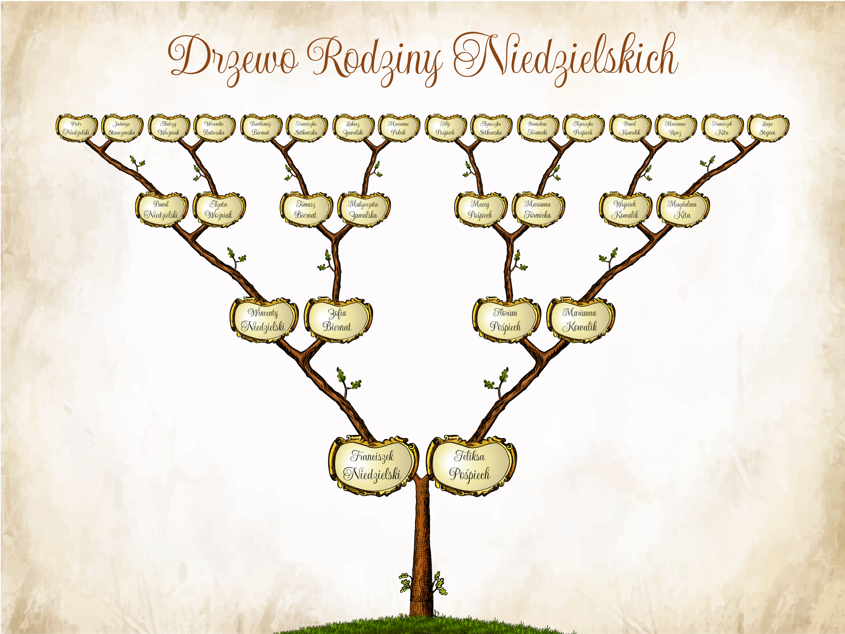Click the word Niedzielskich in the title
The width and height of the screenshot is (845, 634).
[566, 58]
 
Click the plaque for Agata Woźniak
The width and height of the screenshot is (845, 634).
[219, 209]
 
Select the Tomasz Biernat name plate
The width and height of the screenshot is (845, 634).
[306, 209]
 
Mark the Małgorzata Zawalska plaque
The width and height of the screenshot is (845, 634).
[363, 209]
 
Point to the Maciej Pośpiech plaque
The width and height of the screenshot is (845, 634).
[480, 209]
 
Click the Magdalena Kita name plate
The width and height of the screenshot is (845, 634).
[682, 209]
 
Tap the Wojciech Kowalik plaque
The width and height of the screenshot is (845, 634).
[625, 209]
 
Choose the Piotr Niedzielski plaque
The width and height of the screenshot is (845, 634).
[76, 128]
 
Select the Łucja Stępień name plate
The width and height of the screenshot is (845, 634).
[767, 128]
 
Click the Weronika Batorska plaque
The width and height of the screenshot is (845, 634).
[214, 128]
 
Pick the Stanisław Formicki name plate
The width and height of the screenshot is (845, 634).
[537, 128]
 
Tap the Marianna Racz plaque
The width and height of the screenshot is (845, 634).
[675, 128]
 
